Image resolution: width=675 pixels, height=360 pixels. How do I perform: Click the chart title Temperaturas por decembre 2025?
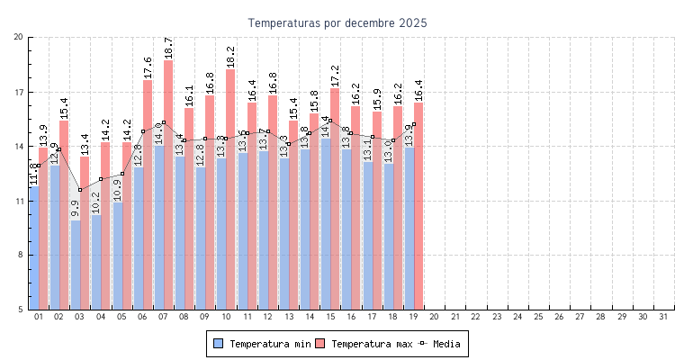[337, 22]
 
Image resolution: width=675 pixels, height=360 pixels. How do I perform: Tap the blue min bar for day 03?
[76, 265]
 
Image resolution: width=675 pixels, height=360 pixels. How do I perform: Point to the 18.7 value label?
[168, 48]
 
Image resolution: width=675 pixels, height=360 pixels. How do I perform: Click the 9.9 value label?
[76, 209]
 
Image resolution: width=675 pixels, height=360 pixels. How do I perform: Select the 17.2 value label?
[335, 76]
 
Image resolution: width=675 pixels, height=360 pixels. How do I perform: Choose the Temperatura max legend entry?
[364, 344]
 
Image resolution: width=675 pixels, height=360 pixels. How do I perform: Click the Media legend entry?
[444, 344]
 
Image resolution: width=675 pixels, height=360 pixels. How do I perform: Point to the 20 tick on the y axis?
[19, 37]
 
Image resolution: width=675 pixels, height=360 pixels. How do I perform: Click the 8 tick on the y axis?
[21, 255]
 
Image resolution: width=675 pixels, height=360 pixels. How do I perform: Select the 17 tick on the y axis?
[19, 92]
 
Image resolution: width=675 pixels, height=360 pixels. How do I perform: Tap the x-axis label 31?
[664, 317]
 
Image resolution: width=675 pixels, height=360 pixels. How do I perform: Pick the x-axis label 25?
[539, 317]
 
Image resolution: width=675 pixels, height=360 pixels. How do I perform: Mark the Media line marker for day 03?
[80, 190]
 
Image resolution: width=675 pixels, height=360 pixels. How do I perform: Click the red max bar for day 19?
[418, 206]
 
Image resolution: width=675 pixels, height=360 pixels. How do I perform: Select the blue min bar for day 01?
[34, 247]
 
